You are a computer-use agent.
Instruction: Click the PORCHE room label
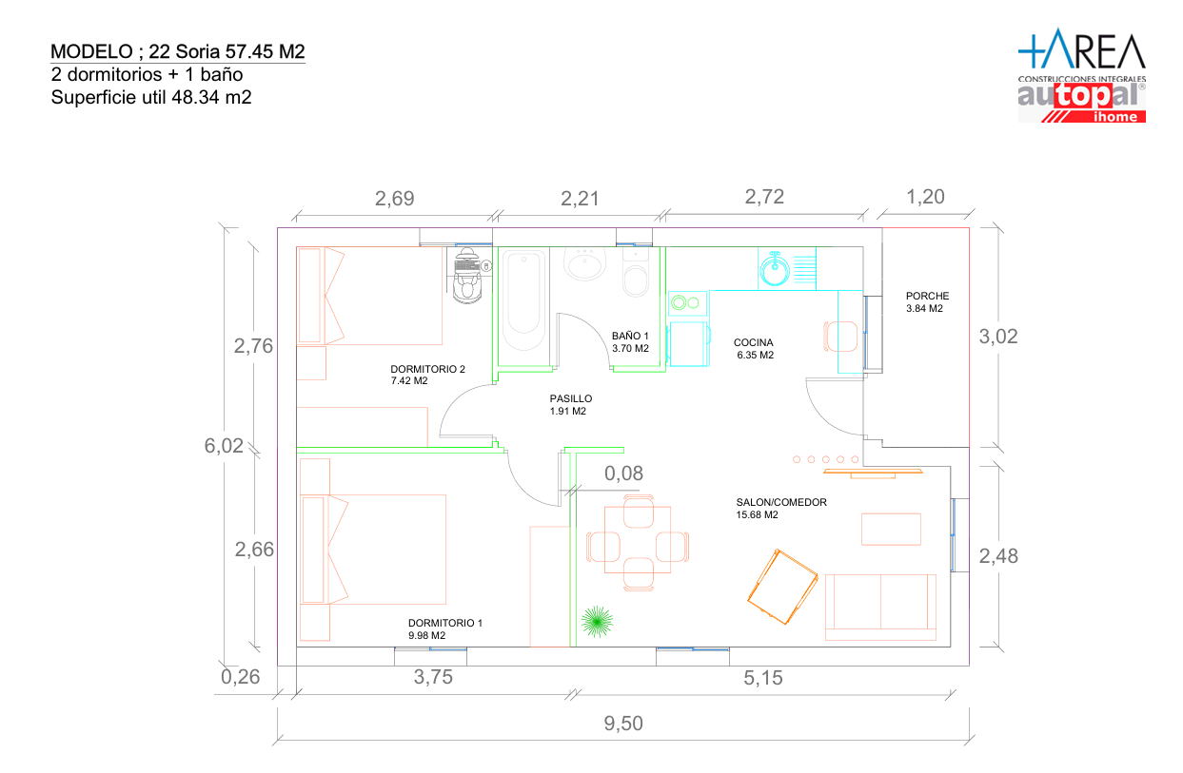pos(927,296)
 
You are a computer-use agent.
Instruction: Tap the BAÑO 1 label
pos(629,336)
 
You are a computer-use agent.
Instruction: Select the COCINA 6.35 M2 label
pos(754,349)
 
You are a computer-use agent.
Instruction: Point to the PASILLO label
pos(570,398)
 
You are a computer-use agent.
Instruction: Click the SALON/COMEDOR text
pos(781,502)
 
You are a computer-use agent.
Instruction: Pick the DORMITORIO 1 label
pos(445,623)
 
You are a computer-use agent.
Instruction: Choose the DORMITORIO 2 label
pos(427,369)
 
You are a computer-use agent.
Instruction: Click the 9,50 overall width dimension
pos(623,724)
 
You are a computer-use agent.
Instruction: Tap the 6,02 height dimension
pos(224,446)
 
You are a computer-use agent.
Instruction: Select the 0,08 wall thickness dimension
pos(623,473)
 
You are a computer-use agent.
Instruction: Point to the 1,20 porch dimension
pos(925,197)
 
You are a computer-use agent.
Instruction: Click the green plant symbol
pos(597,622)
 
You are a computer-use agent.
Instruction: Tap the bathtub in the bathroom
pos(523,300)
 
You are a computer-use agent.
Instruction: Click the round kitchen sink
pos(775,270)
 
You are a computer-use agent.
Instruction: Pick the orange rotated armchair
pos(782,587)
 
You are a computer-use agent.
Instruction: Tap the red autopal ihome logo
pos(1081,103)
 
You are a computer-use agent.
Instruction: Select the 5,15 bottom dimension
pos(763,678)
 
